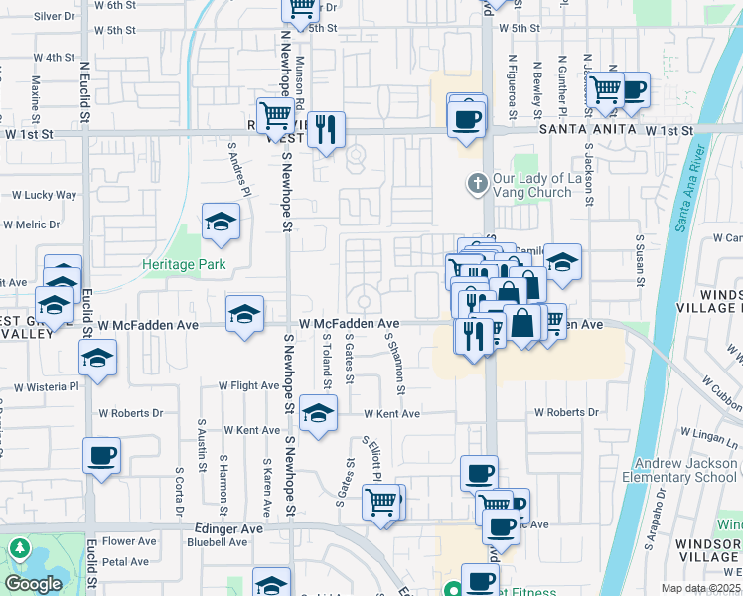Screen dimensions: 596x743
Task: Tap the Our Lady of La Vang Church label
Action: click(540, 185)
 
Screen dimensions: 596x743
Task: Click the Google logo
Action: click(33, 584)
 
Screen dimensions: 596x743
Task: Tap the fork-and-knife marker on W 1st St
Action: click(326, 129)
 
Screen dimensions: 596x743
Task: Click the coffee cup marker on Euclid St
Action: click(102, 457)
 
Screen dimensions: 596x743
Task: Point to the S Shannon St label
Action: click(394, 359)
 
